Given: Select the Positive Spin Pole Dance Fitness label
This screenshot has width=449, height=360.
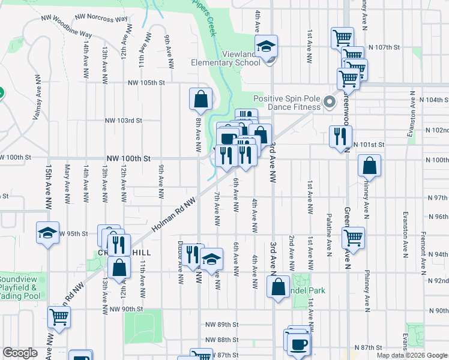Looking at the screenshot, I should click(x=285, y=103).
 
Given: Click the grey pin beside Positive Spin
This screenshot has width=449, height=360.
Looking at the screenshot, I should click(x=330, y=102).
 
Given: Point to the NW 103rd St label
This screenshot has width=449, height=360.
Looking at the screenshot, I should click(x=124, y=120).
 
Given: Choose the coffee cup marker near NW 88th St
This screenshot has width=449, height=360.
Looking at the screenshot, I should click(x=298, y=344).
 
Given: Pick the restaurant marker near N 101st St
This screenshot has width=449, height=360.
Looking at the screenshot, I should click(x=340, y=137).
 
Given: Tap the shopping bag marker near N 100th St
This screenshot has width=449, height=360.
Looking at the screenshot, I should click(x=369, y=165).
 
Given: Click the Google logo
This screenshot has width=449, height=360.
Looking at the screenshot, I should click(x=20, y=353).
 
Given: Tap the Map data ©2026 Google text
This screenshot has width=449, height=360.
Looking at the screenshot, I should click(x=411, y=356).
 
